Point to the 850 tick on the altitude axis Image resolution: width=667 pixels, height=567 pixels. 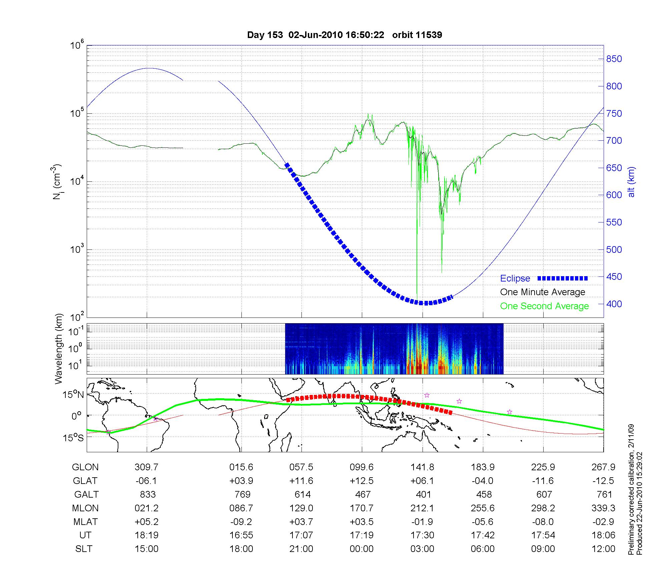(614, 59)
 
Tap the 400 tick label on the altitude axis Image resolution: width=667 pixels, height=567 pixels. (614, 304)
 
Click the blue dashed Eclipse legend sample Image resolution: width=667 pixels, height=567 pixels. (563, 278)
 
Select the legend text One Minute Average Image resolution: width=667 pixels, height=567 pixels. (543, 292)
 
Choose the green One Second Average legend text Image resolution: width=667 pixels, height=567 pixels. (544, 306)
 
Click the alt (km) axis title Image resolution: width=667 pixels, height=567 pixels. (631, 182)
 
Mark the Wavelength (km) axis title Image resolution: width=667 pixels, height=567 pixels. (59, 349)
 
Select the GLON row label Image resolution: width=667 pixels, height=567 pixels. (85, 467)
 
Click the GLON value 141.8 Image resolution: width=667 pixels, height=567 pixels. (422, 467)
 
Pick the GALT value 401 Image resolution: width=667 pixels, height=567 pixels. (423, 494)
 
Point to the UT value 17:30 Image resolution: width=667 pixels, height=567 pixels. (422, 535)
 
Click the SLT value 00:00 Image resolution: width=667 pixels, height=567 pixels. (362, 549)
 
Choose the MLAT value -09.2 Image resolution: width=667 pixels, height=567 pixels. (241, 522)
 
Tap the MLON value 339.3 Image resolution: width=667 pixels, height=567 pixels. (603, 508)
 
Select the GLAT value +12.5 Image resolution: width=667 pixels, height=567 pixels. (362, 481)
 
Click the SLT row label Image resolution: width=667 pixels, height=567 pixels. (84, 549)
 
